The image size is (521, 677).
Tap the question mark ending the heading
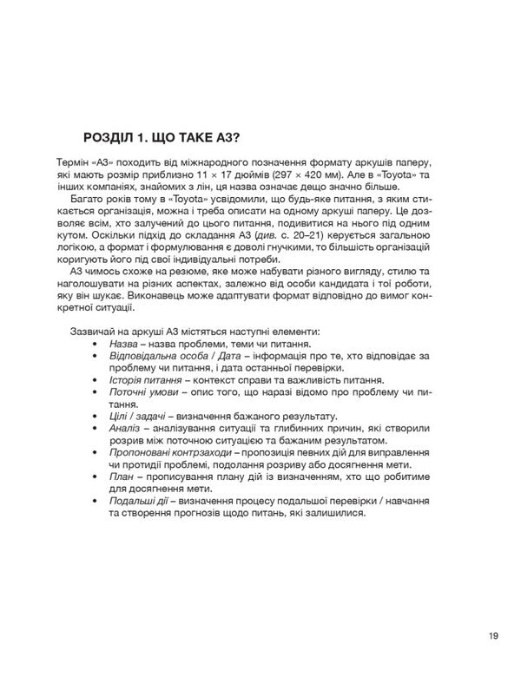click(x=236, y=139)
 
